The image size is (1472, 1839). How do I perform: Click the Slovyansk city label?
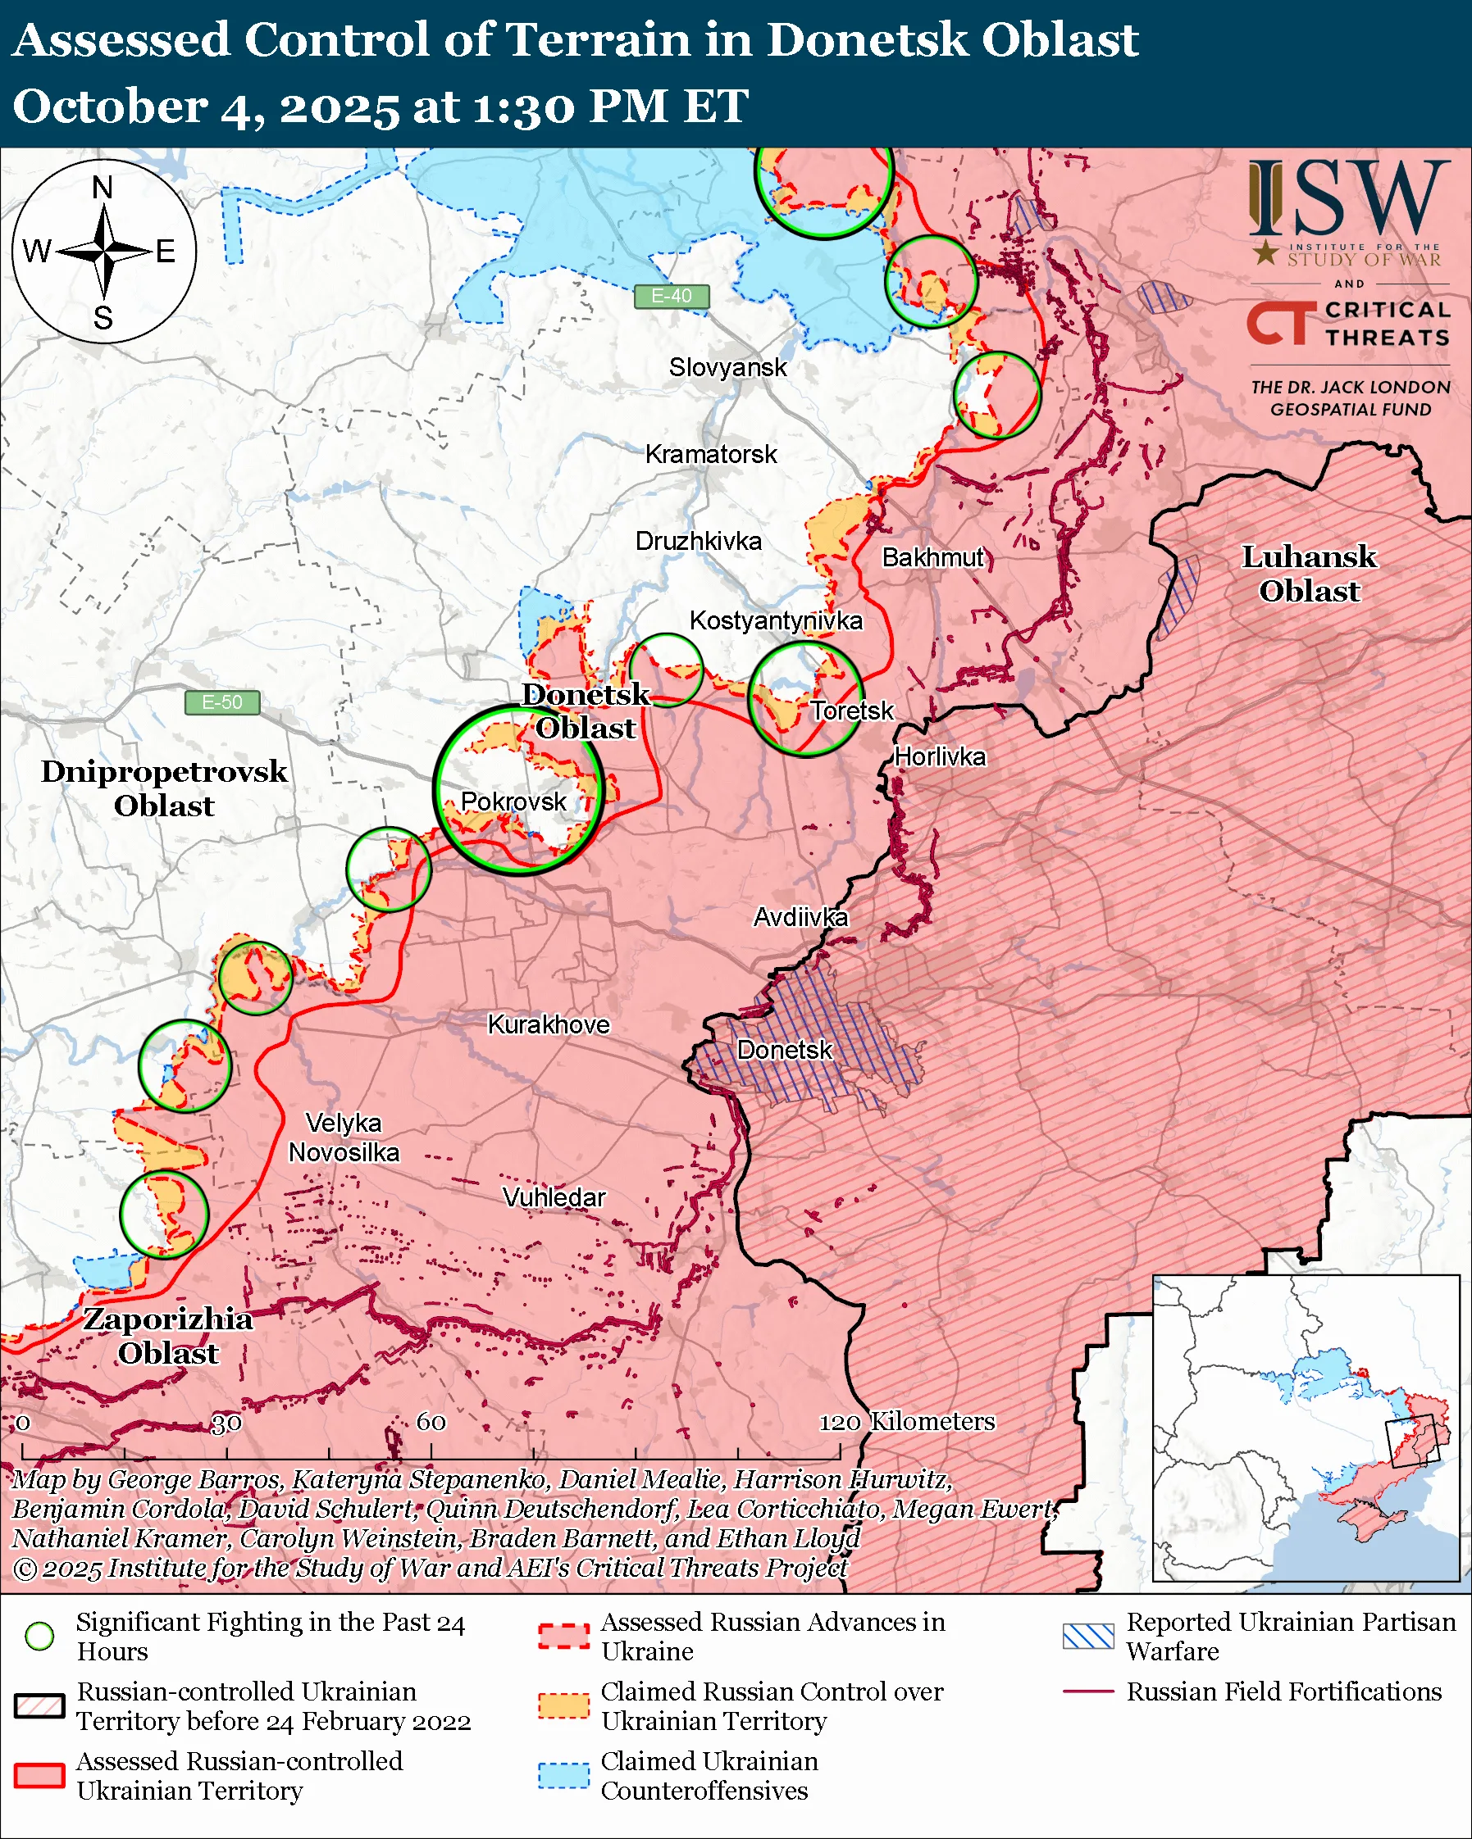[x=727, y=368]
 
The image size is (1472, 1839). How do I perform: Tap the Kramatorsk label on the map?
[x=710, y=455]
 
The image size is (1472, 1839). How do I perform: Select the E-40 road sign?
[x=672, y=296]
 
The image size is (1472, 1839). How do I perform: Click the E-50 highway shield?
[x=222, y=703]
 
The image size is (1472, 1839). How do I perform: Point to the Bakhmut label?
[x=932, y=558]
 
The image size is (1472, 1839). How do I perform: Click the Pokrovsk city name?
[x=513, y=801]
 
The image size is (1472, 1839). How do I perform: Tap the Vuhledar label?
[x=554, y=1197]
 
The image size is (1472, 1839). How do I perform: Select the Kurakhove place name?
[x=548, y=1024]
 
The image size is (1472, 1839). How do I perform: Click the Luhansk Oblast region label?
[x=1308, y=574]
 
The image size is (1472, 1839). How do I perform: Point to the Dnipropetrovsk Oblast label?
[x=164, y=788]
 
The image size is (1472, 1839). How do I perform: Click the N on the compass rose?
[x=103, y=188]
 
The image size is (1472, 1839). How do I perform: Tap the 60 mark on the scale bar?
[x=431, y=1422]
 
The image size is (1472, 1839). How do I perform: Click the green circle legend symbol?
[x=39, y=1636]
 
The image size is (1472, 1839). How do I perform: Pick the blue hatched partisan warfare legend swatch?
[x=1088, y=1636]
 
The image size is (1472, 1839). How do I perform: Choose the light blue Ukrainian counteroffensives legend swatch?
[x=563, y=1775]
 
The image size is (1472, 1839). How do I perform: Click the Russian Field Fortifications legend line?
[x=1088, y=1691]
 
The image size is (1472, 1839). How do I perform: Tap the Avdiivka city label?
[x=800, y=918]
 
